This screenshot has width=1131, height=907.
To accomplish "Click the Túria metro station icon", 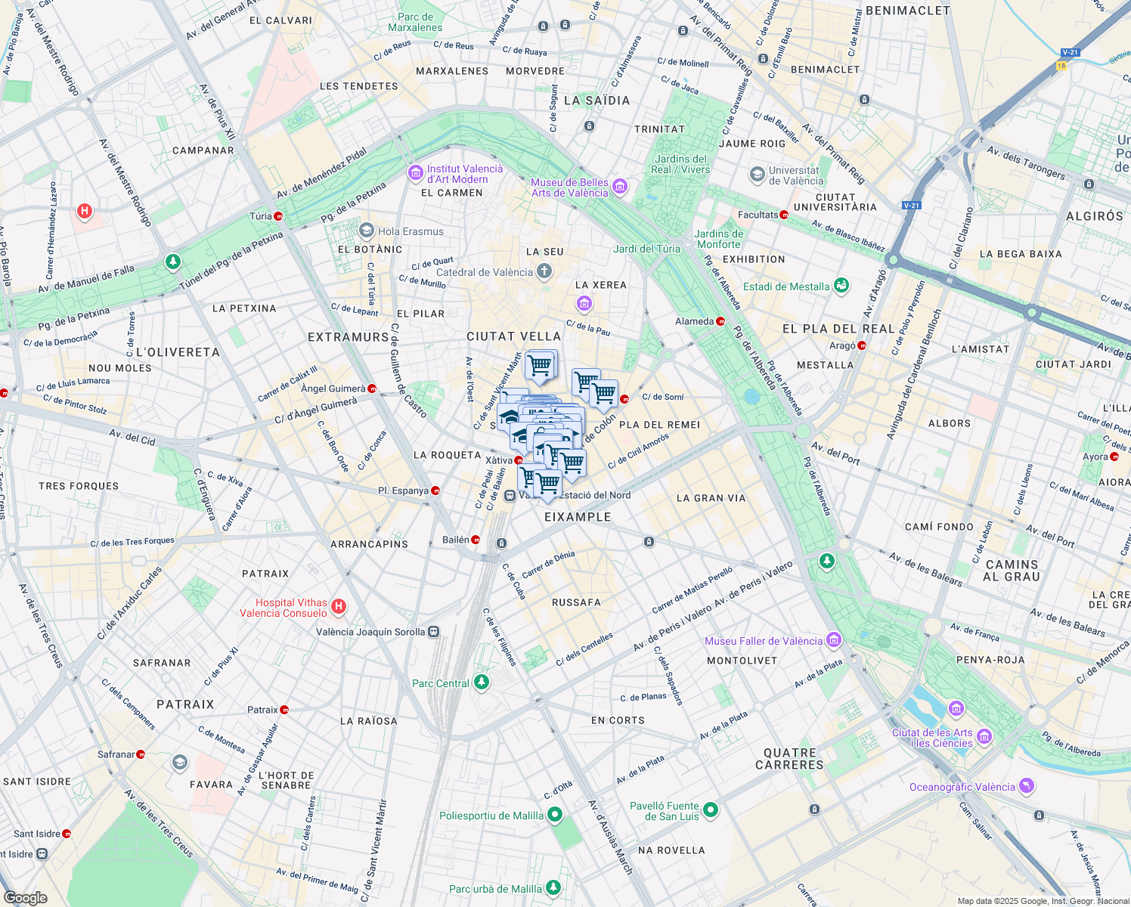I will [279, 216].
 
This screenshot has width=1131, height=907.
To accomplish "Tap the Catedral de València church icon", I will [544, 272].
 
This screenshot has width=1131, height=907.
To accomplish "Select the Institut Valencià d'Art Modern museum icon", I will [415, 174].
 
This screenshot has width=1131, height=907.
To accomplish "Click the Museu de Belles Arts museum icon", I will [620, 187].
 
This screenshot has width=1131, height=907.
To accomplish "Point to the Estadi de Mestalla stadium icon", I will [841, 286].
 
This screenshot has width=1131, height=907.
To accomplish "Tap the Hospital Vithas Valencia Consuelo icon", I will [339, 606].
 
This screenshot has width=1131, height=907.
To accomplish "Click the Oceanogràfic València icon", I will [1026, 786].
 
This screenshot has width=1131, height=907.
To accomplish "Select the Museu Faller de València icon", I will [834, 640].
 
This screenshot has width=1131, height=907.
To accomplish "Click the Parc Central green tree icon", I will [481, 683].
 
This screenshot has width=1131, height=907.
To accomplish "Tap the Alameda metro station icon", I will [720, 321].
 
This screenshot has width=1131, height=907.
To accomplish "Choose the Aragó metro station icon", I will [861, 345].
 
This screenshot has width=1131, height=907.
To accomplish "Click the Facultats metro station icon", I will [784, 215].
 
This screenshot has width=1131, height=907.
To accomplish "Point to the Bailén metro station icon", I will [476, 540].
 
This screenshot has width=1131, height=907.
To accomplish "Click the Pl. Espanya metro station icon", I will [435, 491].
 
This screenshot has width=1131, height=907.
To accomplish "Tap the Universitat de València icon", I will [757, 175].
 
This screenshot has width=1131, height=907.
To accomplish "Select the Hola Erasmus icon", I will [367, 231].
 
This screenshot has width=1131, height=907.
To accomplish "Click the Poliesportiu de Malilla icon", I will [555, 815].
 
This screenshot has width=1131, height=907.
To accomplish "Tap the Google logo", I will [26, 897].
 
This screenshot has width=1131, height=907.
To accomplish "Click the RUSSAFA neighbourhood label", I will [576, 602].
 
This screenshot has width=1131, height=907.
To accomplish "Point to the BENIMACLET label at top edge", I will [907, 11].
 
